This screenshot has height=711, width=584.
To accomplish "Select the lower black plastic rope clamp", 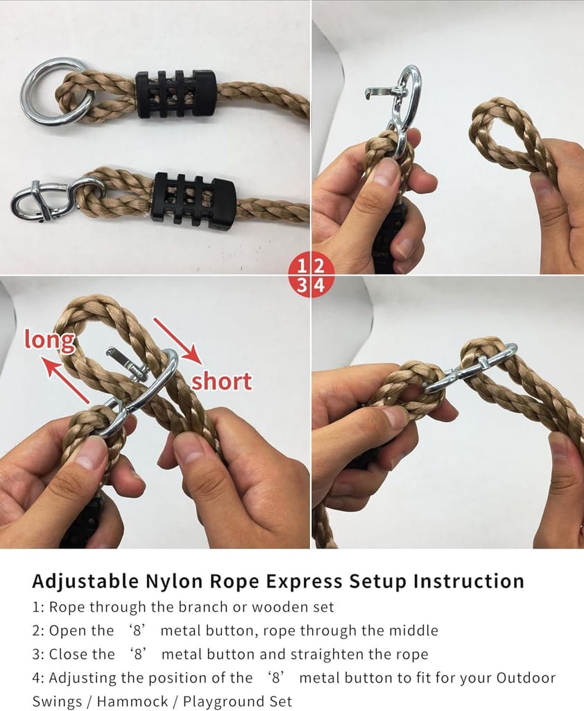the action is pos(195,199).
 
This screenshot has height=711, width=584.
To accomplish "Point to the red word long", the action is pos(49,340).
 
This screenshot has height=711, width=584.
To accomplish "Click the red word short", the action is pos(221,382).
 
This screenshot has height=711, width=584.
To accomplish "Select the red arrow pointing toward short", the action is pos(178,341).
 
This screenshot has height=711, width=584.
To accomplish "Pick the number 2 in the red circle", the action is pos(319,266).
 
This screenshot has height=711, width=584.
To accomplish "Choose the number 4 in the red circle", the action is pos(320,285).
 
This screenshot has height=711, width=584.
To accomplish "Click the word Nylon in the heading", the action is pos(170,582).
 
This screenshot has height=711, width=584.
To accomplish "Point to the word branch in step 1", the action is pos(203,607).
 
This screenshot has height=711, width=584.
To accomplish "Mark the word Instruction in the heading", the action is pos(468,582).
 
